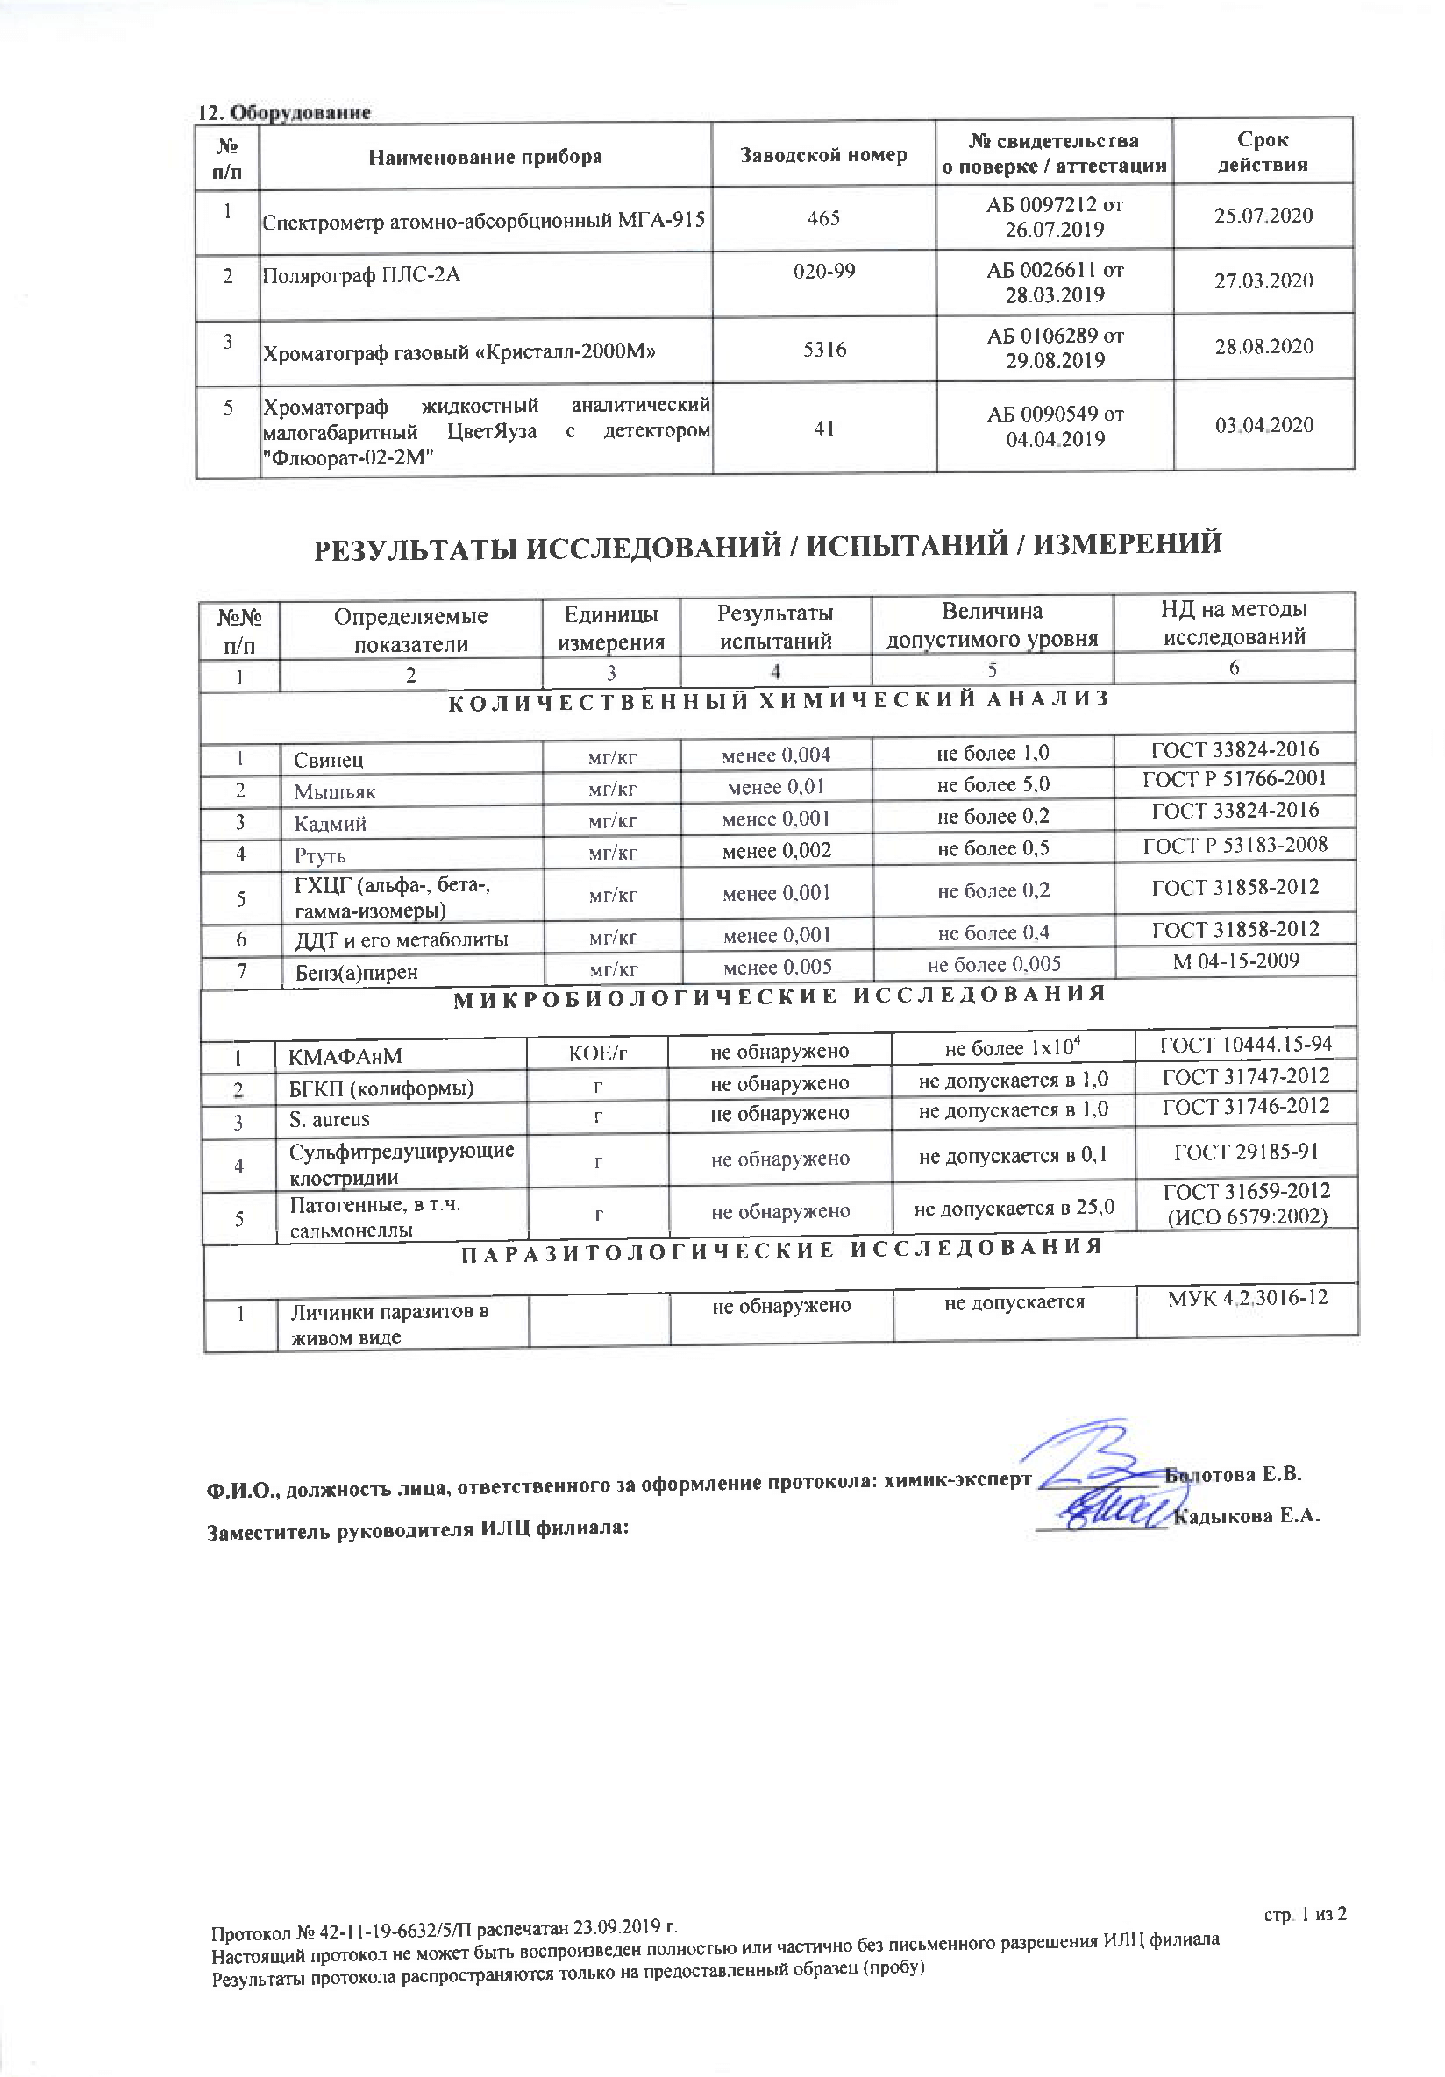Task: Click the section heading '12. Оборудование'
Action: point(284,112)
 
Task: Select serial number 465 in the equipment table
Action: point(823,218)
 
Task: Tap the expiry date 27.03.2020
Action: point(1263,280)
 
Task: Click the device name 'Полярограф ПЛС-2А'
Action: point(361,275)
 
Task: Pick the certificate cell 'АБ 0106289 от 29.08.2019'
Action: point(1055,348)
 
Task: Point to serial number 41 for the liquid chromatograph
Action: point(823,428)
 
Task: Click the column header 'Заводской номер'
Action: point(823,155)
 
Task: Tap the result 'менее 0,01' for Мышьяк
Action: point(775,787)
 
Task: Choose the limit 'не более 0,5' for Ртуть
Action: point(993,848)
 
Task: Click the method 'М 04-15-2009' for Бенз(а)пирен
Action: point(1235,961)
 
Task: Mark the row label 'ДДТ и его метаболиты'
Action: point(402,939)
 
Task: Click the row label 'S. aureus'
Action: point(330,1119)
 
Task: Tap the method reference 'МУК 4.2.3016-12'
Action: point(1247,1297)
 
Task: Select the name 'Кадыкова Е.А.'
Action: point(1246,1517)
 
